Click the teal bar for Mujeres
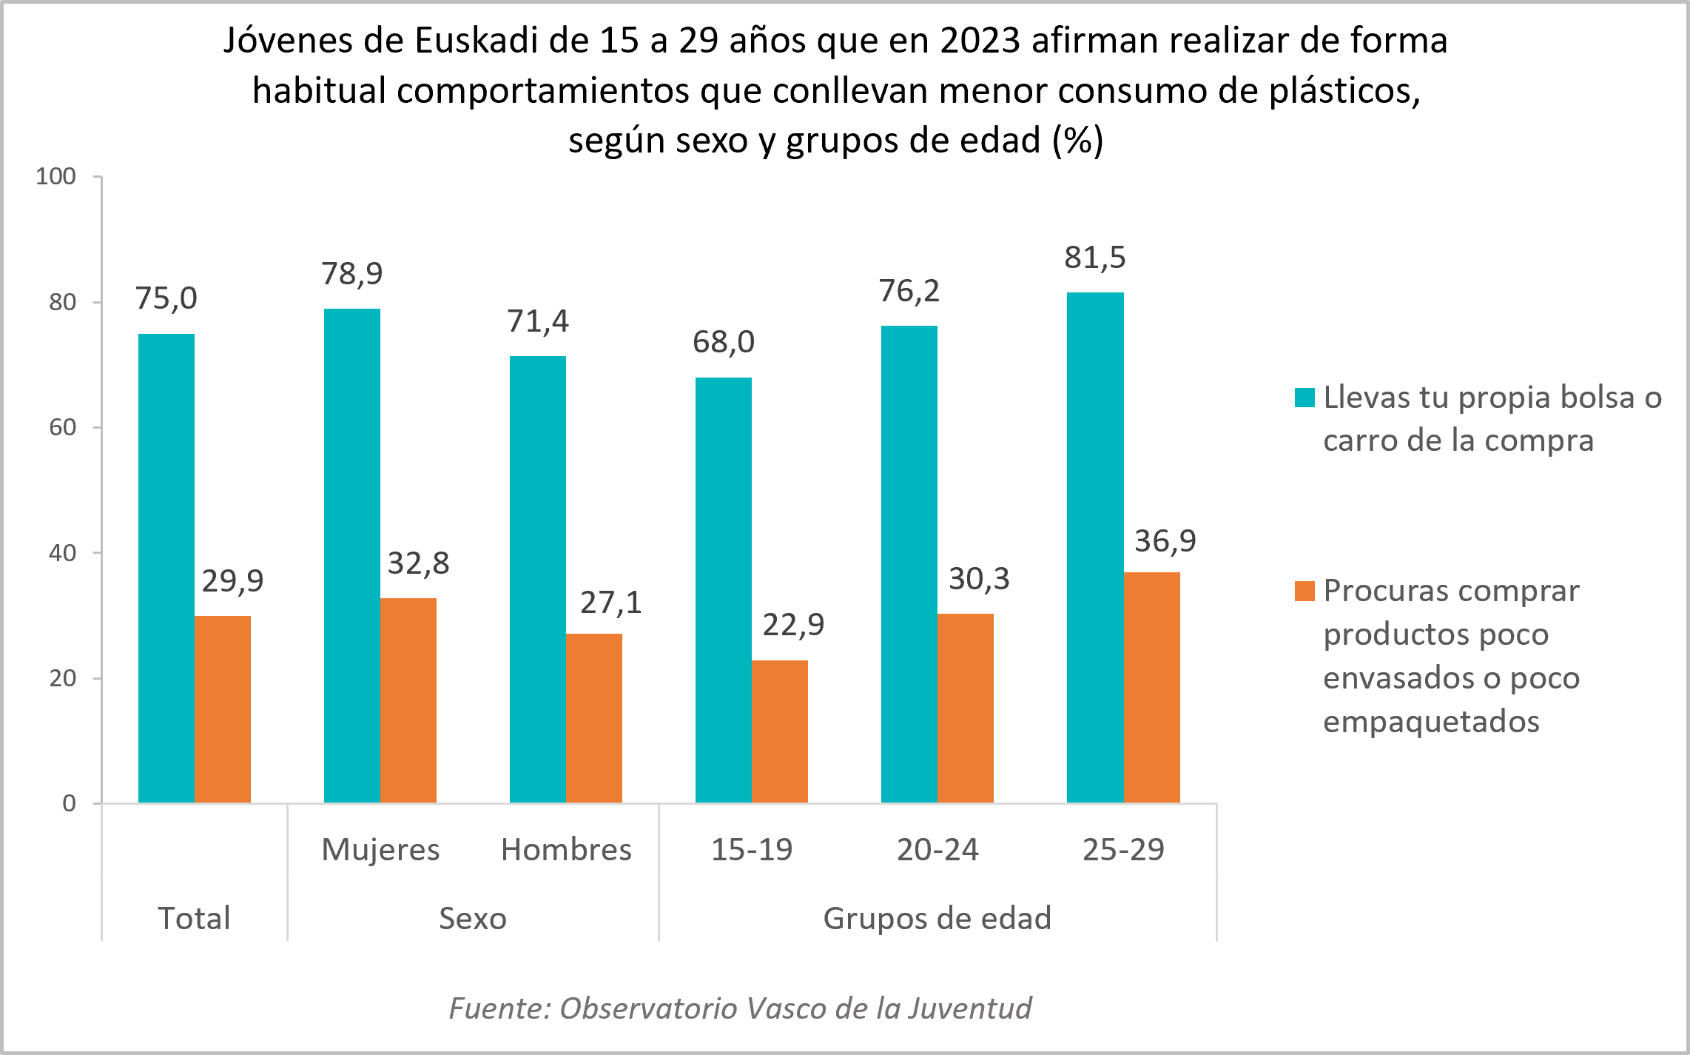click(x=352, y=555)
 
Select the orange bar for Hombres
click(x=594, y=718)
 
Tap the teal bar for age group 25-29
click(x=1095, y=548)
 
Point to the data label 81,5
click(x=1095, y=258)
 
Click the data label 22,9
click(x=793, y=625)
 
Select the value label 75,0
click(x=166, y=298)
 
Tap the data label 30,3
click(x=979, y=579)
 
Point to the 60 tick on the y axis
click(x=63, y=427)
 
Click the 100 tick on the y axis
click(x=56, y=176)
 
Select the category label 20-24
click(x=937, y=849)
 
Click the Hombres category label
click(x=566, y=849)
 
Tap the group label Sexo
click(x=473, y=918)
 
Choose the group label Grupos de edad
click(x=937, y=918)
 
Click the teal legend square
click(x=1304, y=398)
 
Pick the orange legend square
click(x=1304, y=591)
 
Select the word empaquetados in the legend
click(x=1431, y=721)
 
